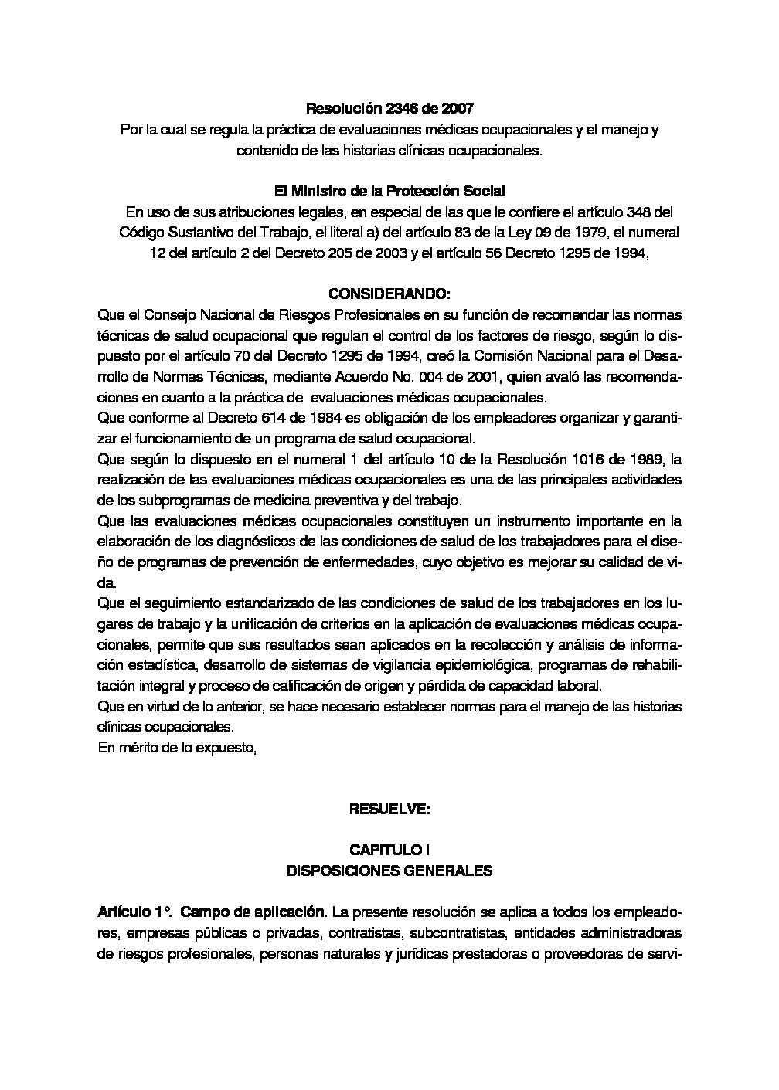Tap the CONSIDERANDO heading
pos(389,294)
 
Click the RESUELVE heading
pos(389,810)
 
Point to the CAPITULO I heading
pos(389,851)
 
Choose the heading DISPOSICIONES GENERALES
pos(389,871)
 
